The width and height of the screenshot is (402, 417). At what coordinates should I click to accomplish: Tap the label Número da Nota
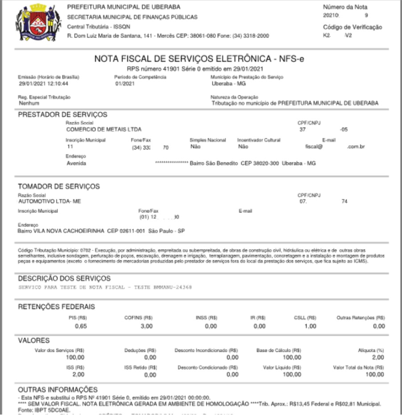[x=345, y=7]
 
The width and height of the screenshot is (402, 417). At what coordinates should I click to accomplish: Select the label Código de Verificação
[x=352, y=27]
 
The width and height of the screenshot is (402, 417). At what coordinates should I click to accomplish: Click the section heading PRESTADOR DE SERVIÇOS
[x=62, y=114]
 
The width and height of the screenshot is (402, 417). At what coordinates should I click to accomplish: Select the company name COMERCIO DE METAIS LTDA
[x=104, y=130]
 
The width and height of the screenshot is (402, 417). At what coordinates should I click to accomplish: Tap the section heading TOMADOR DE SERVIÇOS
[x=59, y=186]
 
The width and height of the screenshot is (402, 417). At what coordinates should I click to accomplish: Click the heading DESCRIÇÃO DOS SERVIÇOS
[x=64, y=279]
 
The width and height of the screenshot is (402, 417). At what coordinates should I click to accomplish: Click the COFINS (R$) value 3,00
[x=146, y=326]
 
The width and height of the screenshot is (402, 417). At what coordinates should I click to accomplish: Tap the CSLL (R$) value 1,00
[x=310, y=326]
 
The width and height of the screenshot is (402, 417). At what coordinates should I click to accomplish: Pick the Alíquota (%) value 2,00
[x=378, y=357]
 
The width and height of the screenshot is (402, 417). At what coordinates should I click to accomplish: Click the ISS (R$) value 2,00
[x=78, y=374]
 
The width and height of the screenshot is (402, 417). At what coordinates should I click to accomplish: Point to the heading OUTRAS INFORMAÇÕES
[x=57, y=390]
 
